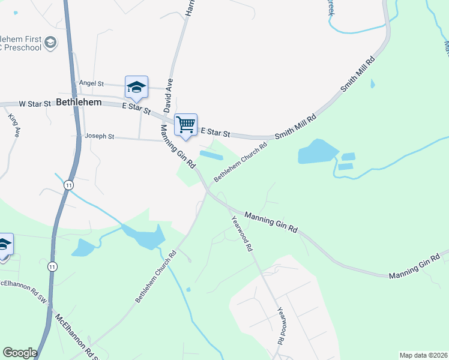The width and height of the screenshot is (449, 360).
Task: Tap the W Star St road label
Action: (35, 104)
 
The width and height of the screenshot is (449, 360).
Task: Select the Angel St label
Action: (91, 83)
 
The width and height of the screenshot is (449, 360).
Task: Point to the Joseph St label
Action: (99, 136)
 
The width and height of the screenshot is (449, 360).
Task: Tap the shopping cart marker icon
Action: (186, 125)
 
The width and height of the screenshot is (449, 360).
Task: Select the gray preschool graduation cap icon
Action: (50, 43)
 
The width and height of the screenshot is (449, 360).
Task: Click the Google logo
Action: (20, 353)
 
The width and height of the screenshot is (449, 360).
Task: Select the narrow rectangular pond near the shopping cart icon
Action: (211, 155)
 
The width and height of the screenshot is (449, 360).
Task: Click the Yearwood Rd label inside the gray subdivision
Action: (280, 326)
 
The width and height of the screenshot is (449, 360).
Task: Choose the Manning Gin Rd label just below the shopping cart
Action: (179, 146)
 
